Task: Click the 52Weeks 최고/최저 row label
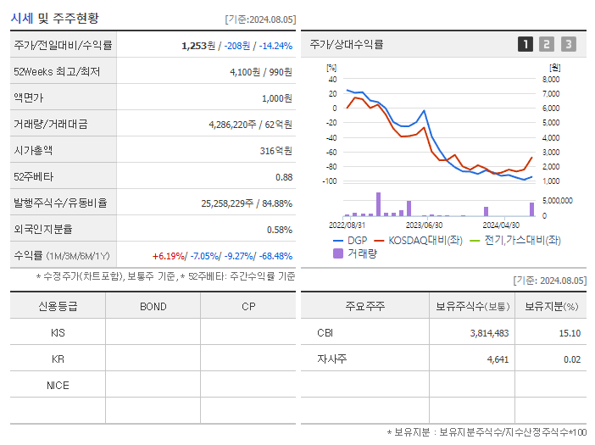57,72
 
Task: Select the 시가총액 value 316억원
275,151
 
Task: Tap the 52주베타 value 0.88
283,177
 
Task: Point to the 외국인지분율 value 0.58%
279,230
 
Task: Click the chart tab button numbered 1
525,44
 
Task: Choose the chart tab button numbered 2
547,44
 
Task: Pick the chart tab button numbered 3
568,44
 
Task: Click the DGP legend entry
351,240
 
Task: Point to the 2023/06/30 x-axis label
425,225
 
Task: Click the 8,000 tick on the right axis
550,79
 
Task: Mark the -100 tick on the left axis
329,181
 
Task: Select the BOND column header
153,307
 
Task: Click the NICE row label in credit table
58,386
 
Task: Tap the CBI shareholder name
325,333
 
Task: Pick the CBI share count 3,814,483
488,333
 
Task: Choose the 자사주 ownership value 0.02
570,359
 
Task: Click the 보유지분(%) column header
550,307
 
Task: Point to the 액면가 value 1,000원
275,98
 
